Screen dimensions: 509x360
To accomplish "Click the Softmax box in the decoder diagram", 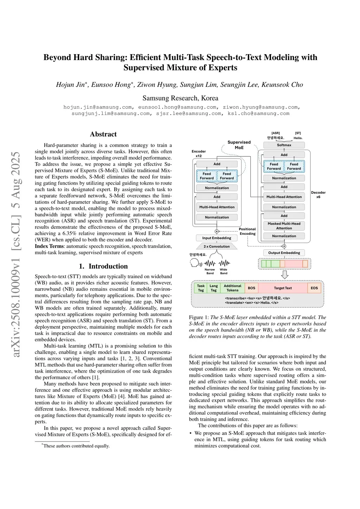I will coord(284,145).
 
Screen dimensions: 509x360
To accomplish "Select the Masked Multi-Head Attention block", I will coord(284,226).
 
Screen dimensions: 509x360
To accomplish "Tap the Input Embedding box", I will coord(217,238).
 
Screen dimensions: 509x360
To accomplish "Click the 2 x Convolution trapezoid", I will coord(217,246).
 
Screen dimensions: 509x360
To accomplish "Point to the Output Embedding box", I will coord(284,253).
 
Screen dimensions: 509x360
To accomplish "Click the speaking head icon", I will coord(195,263).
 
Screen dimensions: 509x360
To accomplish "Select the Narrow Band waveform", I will coord(210,263).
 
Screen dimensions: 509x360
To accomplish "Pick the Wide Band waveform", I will coord(224,263).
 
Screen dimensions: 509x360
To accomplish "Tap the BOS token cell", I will coord(251,288).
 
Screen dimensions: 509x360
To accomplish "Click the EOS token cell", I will coord(314,288).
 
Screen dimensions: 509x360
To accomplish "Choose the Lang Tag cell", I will coord(214,288).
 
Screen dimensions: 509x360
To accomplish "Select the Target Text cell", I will coord(283,288).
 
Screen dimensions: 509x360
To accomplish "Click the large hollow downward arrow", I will coord(285,275).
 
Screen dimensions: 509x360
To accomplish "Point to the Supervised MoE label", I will coord(239,145).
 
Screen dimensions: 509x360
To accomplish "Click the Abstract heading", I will coord(103,134).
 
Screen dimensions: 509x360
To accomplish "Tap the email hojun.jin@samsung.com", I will coord(98,107).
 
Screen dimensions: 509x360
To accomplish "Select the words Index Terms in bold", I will coord(49,246).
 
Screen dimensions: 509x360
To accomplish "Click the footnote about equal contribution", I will coord(76,446).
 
